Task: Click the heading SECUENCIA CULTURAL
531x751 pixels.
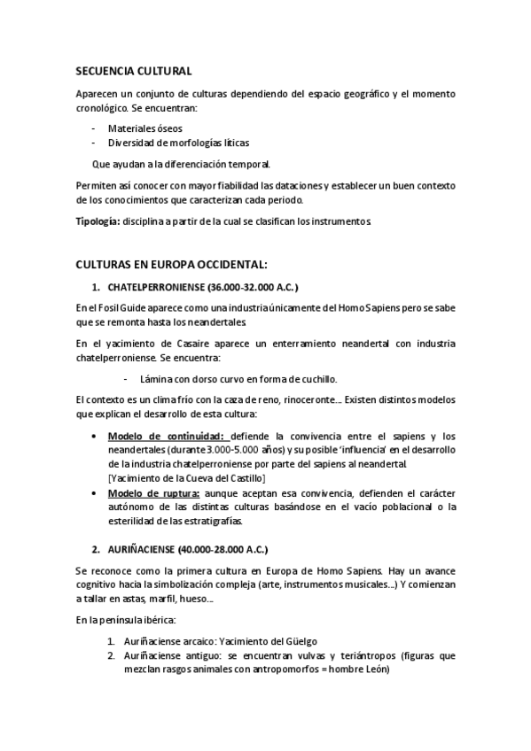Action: point(134,71)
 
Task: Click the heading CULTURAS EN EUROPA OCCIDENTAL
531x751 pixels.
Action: point(171,265)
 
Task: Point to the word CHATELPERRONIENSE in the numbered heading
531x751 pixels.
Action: point(155,288)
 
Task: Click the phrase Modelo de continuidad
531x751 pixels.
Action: point(167,436)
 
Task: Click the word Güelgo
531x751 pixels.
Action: point(299,641)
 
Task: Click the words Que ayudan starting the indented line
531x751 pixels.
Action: point(113,164)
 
